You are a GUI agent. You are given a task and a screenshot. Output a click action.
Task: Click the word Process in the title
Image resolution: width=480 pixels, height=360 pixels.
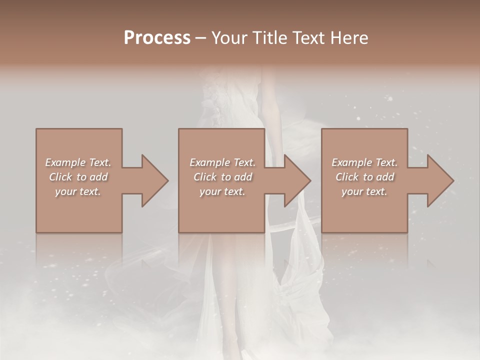point(157,38)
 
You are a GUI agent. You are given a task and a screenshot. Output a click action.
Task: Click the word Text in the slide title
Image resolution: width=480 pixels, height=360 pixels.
point(305,38)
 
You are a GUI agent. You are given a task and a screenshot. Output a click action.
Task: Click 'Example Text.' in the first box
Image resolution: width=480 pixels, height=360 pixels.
point(78,162)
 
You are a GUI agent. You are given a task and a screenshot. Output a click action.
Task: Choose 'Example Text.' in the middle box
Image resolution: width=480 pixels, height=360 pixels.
point(222,162)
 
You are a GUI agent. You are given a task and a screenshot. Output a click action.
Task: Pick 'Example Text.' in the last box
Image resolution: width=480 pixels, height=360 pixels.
point(364,162)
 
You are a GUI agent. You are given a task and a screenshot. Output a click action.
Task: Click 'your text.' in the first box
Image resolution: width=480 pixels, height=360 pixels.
point(78,191)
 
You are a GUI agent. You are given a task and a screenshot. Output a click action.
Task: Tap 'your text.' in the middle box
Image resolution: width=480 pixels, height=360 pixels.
point(222,191)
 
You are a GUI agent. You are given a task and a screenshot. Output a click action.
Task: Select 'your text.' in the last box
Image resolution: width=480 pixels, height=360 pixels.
point(364,191)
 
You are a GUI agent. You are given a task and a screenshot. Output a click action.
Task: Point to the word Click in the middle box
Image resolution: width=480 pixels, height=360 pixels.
point(205,177)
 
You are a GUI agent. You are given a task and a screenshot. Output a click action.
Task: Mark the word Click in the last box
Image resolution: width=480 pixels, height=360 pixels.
point(347,177)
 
